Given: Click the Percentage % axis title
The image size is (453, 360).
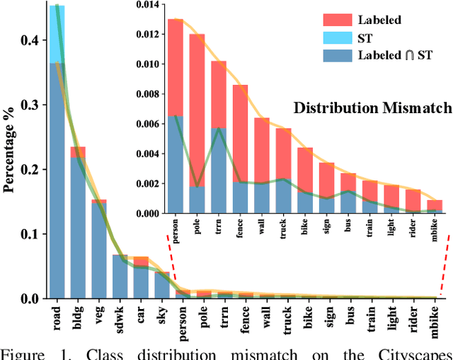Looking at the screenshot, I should coord(11,158).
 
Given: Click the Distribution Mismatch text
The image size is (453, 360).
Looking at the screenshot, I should coord(373,108).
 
